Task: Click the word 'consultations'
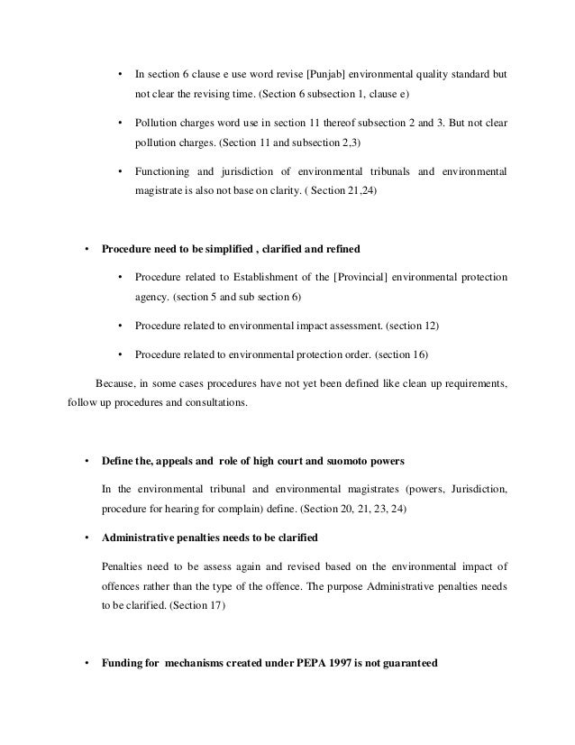click(x=214, y=403)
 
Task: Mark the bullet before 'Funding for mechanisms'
click(x=86, y=666)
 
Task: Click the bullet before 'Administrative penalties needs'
click(x=86, y=538)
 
